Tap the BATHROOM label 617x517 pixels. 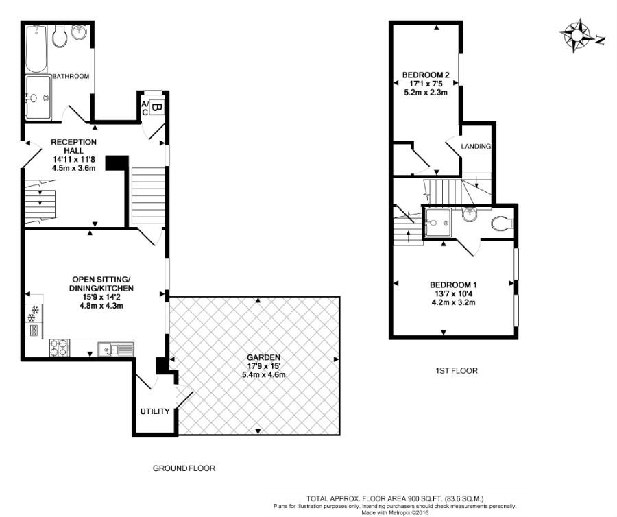click(x=71, y=77)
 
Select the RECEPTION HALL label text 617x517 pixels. click(x=75, y=146)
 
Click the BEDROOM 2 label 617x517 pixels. click(x=425, y=75)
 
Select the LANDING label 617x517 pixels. click(x=476, y=147)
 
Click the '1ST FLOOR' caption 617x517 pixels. click(x=457, y=371)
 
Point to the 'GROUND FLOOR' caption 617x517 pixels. click(x=184, y=469)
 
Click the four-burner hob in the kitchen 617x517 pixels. click(x=58, y=349)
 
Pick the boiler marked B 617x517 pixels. click(x=156, y=107)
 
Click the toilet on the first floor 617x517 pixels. click(x=503, y=224)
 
